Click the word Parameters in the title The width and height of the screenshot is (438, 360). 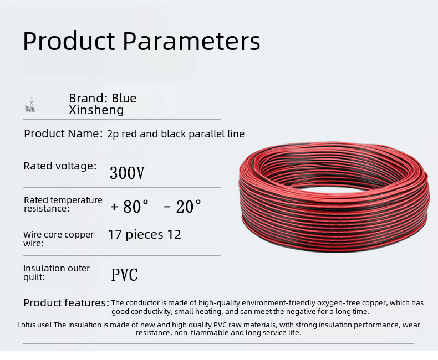click(x=191, y=41)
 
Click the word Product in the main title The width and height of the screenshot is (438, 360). click(x=69, y=41)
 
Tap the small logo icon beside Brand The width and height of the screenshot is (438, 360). click(x=30, y=105)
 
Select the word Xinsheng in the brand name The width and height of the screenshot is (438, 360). click(x=96, y=110)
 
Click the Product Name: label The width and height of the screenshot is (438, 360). click(x=63, y=133)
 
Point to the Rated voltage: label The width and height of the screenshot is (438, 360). click(x=60, y=166)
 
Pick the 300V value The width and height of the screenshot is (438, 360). click(x=127, y=173)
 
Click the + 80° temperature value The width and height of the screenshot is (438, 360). click(x=130, y=207)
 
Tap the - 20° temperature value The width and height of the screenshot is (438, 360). click(x=182, y=207)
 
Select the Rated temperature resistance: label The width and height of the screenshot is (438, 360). click(x=63, y=204)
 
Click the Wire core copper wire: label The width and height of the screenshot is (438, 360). click(x=58, y=239)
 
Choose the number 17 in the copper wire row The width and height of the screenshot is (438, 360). click(x=115, y=234)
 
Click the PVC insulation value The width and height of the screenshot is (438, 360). click(x=124, y=275)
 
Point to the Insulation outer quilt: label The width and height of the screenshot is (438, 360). click(x=57, y=272)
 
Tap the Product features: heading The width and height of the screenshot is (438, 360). click(x=66, y=303)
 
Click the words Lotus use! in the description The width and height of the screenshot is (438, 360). click(x=34, y=325)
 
